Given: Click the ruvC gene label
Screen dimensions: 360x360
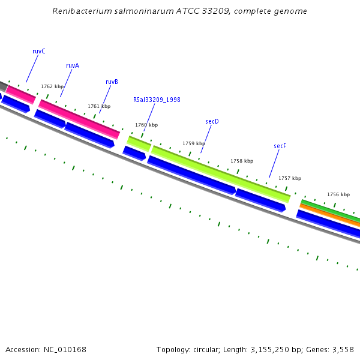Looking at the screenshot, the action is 39,52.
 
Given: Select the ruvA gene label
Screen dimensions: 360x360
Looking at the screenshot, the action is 73,66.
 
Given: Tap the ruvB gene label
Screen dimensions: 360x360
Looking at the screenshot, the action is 112,82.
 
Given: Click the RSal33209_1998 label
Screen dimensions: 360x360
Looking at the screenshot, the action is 157,100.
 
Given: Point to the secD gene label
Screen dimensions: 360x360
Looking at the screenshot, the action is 212,121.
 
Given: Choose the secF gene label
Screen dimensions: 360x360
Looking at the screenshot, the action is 280,146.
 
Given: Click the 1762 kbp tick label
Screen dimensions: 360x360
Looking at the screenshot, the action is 52,86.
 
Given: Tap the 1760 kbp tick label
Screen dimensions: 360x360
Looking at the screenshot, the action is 146,125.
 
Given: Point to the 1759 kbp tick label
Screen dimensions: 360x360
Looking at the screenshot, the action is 194,143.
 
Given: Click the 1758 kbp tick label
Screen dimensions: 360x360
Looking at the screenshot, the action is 242,161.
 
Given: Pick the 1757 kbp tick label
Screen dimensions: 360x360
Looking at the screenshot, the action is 290,178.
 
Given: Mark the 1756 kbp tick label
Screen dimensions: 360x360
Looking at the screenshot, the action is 338,194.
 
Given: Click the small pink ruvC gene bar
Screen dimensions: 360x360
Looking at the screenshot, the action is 21,94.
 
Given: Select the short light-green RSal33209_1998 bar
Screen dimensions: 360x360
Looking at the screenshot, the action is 139,143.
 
